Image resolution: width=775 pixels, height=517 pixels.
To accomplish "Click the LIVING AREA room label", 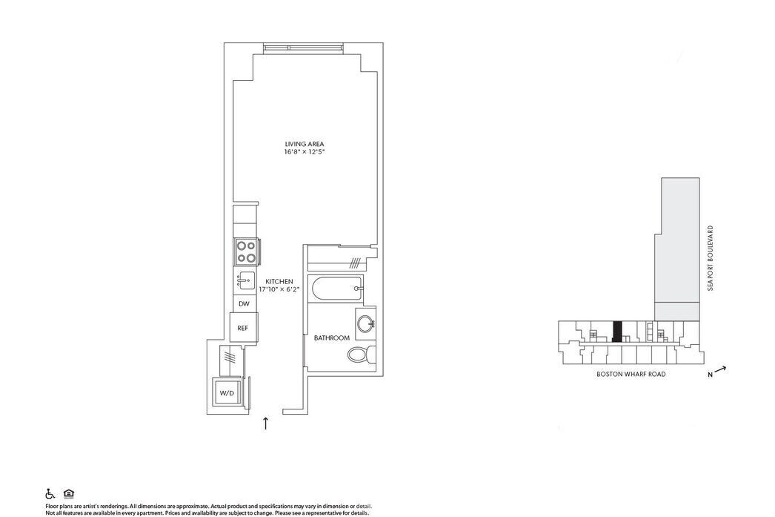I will point(305,144).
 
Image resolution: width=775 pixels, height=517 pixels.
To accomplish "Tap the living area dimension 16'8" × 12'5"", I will point(305,152).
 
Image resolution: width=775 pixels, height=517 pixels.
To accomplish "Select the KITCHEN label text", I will point(280,282).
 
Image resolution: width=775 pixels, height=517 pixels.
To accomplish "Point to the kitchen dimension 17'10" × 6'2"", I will point(280,290).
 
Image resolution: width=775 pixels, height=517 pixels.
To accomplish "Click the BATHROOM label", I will point(331,338).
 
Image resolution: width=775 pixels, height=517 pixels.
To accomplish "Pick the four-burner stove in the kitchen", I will point(245,251).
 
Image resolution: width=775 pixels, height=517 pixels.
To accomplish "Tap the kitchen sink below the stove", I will point(245,281).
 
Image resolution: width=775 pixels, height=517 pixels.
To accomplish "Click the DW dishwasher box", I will point(243,304).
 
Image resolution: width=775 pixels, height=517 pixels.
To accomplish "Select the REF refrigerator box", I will point(243,328).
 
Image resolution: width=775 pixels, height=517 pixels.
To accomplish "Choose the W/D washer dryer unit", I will point(227,392).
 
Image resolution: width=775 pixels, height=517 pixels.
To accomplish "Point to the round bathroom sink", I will point(364,323).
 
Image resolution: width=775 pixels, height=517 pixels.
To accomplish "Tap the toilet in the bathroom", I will point(361,355).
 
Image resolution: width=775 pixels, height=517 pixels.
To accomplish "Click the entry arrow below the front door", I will point(266,424).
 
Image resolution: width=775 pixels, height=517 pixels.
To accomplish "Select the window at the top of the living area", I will point(304,48).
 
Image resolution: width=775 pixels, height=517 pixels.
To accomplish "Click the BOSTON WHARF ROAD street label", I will point(631,375).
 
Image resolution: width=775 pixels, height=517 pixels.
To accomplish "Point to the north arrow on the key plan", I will point(720,370).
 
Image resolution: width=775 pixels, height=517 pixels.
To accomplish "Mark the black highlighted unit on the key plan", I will point(617,331).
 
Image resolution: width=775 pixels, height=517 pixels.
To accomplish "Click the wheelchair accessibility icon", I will point(50,493).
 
